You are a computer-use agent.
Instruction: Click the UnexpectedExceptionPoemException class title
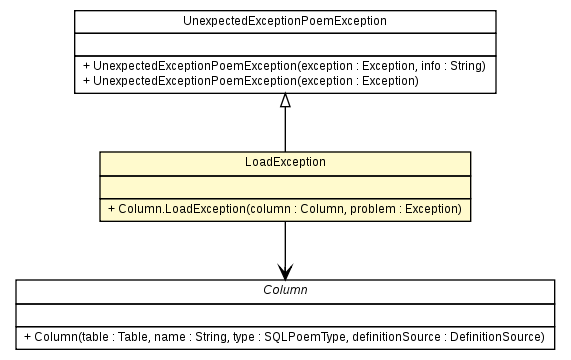[285, 20]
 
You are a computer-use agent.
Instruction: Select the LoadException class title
[285, 161]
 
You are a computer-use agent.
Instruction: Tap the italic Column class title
[285, 289]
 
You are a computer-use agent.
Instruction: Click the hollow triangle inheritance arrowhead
[285, 100]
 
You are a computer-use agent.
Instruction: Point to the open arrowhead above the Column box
[285, 271]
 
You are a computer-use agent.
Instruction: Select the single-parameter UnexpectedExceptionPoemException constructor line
[255, 80]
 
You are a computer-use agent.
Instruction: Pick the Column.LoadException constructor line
[285, 208]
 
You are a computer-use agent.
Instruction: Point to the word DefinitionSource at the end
[496, 336]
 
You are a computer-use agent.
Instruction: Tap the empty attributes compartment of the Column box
[285, 312]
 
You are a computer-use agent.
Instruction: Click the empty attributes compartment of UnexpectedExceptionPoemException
[285, 43]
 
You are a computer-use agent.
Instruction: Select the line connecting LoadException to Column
[285, 240]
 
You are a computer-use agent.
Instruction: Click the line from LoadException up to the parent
[285, 130]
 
